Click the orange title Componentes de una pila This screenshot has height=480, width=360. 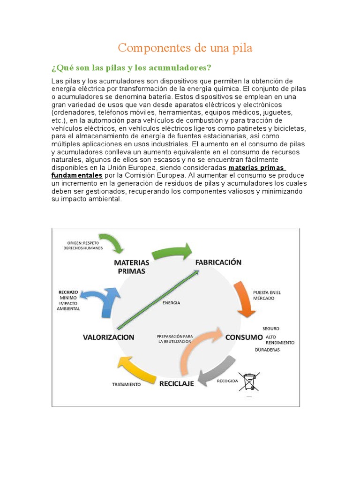pyautogui.click(x=185, y=48)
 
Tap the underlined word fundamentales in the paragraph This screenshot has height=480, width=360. pyautogui.click(x=77, y=175)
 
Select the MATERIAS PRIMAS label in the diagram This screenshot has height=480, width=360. pyautogui.click(x=132, y=267)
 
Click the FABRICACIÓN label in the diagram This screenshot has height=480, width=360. pyautogui.click(x=218, y=262)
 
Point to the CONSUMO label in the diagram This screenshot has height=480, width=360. pyautogui.click(x=244, y=337)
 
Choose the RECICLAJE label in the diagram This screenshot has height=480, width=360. pyautogui.click(x=177, y=384)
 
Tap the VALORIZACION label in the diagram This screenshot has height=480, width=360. pyautogui.click(x=109, y=337)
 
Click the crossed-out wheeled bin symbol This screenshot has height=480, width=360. pyautogui.click(x=249, y=382)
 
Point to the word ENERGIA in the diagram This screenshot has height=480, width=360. pyautogui.click(x=171, y=303)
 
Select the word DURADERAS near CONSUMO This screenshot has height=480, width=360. pyautogui.click(x=267, y=350)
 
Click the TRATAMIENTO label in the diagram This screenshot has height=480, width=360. pyautogui.click(x=126, y=384)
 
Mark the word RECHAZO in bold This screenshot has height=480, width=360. pyautogui.click(x=68, y=292)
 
